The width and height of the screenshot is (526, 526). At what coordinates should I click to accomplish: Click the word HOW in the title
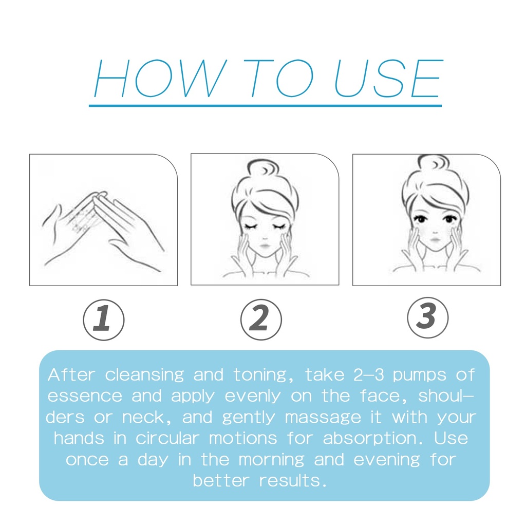161,79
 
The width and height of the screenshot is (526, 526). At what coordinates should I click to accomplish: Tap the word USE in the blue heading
389,79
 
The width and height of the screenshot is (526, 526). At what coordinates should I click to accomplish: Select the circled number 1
104,320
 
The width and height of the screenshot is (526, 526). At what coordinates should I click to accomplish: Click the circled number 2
261,320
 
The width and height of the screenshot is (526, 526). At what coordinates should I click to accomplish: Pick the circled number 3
428,317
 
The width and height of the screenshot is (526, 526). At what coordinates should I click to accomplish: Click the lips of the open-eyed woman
435,240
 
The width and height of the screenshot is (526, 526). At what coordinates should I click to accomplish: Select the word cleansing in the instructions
144,374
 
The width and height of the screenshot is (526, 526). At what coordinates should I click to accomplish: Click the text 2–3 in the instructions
368,374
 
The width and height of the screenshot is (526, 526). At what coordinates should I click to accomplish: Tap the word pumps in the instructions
419,375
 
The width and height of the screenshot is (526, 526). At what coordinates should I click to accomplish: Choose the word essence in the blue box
85,396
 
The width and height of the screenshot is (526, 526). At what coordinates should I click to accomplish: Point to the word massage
323,418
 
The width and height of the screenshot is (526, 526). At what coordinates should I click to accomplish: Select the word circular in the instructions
167,438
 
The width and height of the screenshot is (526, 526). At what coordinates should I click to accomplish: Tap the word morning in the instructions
271,460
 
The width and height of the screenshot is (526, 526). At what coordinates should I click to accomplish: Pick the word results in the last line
293,481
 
